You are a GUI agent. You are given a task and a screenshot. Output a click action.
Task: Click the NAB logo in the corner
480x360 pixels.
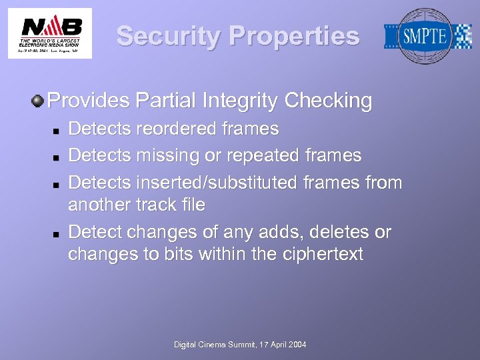50,33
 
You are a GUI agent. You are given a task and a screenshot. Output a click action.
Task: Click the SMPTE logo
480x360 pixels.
427,36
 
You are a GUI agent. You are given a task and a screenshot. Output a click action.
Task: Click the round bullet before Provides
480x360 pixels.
38,101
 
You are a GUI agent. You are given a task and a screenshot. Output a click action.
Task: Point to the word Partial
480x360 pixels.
166,101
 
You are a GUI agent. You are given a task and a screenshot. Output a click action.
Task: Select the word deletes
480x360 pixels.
338,232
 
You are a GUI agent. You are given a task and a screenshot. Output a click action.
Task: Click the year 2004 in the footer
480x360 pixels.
297,344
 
